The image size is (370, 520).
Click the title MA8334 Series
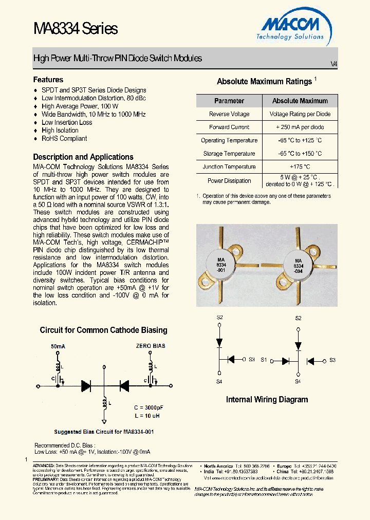[x=76, y=29]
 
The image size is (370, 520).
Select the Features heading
[x=48, y=80]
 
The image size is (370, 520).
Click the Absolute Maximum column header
[x=300, y=101]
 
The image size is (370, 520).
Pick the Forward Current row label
[x=229, y=127]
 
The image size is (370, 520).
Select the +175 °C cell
[x=300, y=166]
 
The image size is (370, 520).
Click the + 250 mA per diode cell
[x=300, y=127]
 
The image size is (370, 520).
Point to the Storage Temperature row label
[x=229, y=154]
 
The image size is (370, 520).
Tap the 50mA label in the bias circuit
[x=58, y=346]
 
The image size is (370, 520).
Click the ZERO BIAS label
[x=151, y=346]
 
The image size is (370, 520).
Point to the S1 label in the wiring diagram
[x=264, y=360]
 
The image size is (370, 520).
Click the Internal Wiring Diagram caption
[x=267, y=399]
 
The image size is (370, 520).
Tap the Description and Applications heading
[x=83, y=157]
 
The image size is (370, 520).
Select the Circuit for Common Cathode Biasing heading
[x=103, y=330]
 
